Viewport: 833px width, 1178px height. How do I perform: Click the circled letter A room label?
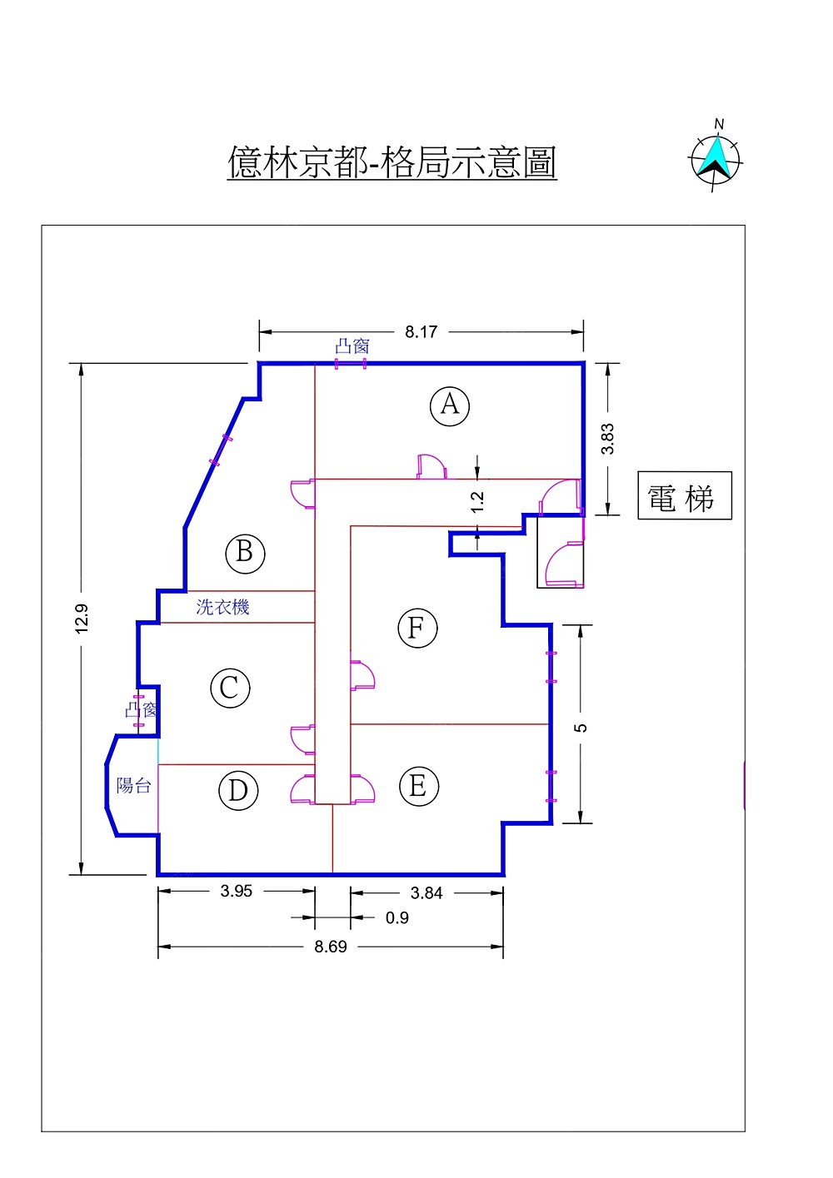(450, 405)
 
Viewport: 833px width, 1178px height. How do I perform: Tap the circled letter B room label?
(245, 553)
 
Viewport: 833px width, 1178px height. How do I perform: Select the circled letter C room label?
(230, 688)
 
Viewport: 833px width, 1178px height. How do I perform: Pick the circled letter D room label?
(238, 790)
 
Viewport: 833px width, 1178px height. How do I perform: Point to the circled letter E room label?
(418, 786)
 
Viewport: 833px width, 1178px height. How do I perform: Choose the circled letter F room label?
(416, 629)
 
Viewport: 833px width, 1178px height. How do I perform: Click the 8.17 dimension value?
(421, 332)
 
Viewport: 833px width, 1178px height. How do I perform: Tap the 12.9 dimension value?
(82, 619)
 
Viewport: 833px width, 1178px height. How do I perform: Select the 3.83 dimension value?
(608, 439)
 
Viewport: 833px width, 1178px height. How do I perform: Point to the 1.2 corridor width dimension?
(477, 501)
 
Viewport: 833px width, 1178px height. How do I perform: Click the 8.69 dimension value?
(331, 947)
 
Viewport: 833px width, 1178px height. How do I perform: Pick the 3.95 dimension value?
(237, 891)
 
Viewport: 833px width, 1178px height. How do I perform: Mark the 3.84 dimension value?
(426, 893)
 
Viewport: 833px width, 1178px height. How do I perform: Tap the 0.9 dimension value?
(397, 918)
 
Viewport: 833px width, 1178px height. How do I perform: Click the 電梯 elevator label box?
(684, 496)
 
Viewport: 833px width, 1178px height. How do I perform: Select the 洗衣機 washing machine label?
(222, 607)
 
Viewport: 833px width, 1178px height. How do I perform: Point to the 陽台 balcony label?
(133, 785)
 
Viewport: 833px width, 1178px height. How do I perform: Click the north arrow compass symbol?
(716, 159)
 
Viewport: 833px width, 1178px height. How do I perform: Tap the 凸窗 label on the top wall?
(352, 345)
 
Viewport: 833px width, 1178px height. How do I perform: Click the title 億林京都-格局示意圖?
(392, 162)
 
